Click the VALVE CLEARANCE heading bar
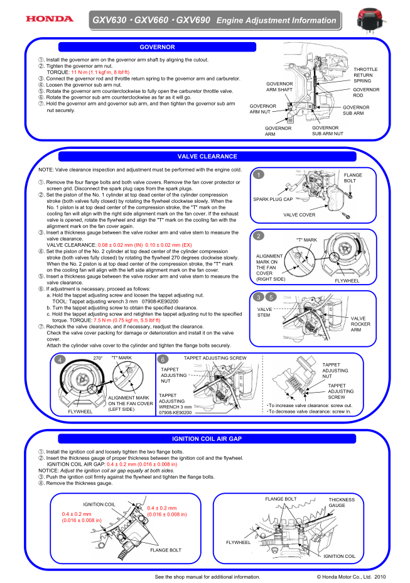(207, 156)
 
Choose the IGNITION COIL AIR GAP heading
(207, 438)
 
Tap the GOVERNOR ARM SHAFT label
(279, 87)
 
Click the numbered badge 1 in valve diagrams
(259, 175)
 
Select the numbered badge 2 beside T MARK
(259, 236)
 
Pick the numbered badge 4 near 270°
(60, 360)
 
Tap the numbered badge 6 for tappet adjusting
(163, 360)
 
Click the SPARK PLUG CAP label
(272, 199)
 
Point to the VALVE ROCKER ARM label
(360, 324)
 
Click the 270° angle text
(97, 357)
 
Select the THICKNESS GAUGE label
(342, 503)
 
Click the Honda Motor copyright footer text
(351, 575)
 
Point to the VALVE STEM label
(264, 312)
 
